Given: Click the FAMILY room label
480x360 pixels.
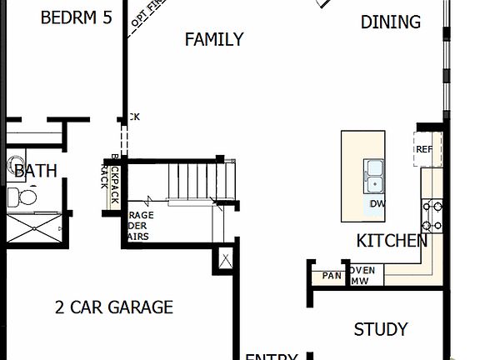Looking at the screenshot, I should click(214, 39).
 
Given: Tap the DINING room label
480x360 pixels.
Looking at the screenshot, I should click(390, 22).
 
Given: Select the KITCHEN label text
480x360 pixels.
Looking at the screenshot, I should click(392, 242).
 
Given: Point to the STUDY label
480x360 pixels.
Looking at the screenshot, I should click(380, 330).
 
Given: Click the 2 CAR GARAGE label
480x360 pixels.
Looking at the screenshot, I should click(114, 307).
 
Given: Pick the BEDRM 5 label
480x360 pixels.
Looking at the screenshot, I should click(76, 17).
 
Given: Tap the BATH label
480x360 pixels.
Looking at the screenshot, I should click(36, 172).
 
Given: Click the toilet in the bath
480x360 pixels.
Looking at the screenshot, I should click(22, 197).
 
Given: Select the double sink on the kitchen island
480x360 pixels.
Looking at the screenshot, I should click(374, 175).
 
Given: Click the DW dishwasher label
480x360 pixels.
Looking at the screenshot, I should click(377, 204).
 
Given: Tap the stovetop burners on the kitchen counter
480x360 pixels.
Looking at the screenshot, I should click(432, 215).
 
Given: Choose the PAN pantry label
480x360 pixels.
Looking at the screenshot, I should click(332, 276).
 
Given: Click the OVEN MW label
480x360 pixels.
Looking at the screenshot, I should click(363, 276).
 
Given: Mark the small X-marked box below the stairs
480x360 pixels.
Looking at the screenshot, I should click(225, 259).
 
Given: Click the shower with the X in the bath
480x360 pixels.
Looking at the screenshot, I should click(33, 227).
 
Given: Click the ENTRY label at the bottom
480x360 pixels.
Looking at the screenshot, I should click(271, 357).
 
